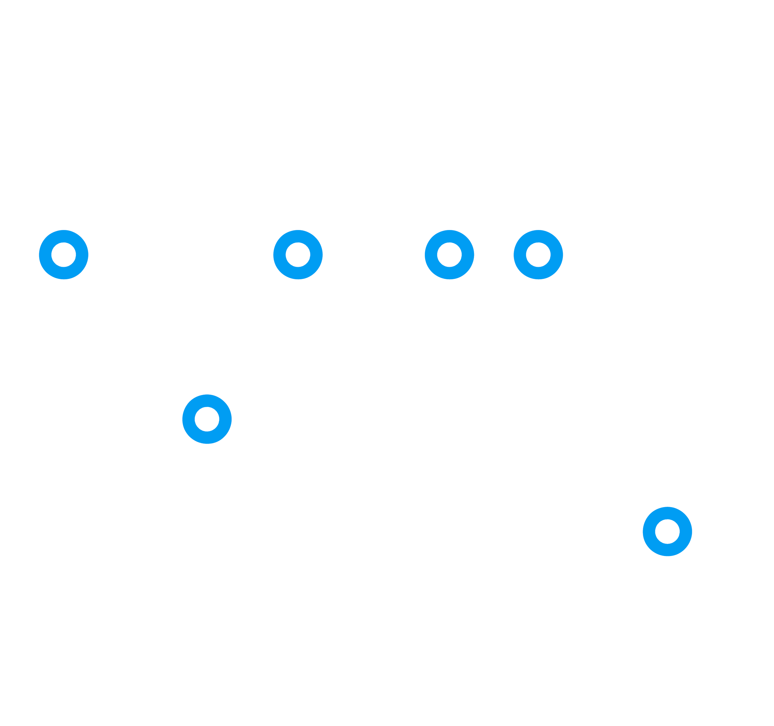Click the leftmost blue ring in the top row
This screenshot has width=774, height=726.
tap(64, 254)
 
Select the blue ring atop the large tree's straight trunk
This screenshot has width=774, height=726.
tap(298, 254)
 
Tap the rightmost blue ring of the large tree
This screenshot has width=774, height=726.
tap(538, 254)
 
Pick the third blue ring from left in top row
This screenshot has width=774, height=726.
tap(449, 254)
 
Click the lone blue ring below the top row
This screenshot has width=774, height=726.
tap(207, 419)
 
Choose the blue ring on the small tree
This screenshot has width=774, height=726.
tap(667, 531)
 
